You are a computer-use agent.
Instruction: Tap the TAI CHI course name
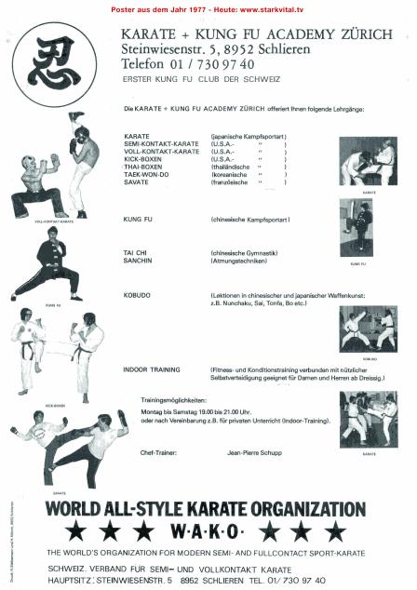coord(137,253)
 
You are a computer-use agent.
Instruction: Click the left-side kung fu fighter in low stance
coord(52,262)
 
